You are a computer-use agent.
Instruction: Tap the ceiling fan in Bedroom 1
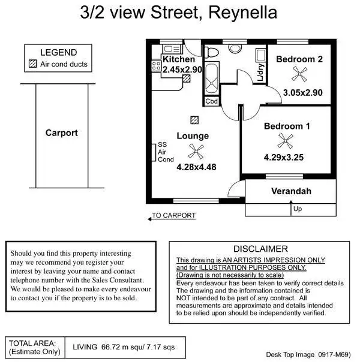coord(286,141)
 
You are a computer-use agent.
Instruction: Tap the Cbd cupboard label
coord(212,101)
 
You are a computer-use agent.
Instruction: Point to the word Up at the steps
coord(298,209)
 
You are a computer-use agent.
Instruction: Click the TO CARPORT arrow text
coord(173,215)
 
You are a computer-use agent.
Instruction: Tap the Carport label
coord(61,133)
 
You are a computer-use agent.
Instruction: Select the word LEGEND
coord(58,53)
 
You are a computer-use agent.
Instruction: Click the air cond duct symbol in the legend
coord(33,64)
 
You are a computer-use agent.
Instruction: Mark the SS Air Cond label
coord(165,152)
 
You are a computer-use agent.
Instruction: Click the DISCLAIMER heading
coord(260,249)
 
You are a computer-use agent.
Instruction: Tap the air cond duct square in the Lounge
coord(193,119)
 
